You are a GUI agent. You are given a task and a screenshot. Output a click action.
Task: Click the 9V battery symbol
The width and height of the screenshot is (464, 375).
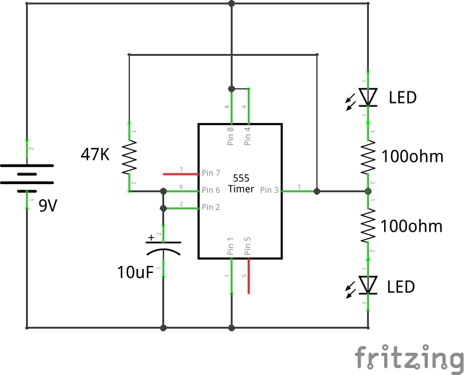(27, 178)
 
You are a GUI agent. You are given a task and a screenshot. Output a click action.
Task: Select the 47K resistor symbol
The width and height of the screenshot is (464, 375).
(129, 157)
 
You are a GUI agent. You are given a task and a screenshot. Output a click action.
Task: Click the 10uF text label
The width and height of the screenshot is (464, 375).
(134, 273)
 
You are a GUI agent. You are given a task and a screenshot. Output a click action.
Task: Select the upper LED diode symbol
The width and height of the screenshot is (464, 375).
(368, 97)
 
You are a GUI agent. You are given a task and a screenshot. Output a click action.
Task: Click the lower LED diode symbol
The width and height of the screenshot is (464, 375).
(368, 286)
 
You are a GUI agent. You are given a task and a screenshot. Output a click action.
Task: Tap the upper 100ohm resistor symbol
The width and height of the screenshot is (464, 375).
(368, 157)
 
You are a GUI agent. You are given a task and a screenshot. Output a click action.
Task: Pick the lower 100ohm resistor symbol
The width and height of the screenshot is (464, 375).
(368, 227)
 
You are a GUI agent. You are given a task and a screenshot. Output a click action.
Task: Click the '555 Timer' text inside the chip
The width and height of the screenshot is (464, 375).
(240, 183)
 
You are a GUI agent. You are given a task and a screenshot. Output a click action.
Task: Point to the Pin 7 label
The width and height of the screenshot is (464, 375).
(211, 173)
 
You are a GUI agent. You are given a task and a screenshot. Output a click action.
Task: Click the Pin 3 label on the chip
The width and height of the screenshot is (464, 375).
(269, 190)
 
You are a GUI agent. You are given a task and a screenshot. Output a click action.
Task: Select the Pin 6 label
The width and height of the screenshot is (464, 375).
(211, 190)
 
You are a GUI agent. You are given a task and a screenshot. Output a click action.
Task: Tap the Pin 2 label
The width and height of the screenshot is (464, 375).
(211, 207)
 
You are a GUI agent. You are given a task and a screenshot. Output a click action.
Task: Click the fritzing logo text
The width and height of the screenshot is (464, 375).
(409, 359)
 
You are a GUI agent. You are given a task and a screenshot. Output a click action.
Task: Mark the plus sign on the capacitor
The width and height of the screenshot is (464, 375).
(151, 238)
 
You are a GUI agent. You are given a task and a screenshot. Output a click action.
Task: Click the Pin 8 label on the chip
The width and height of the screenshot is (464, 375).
(231, 136)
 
